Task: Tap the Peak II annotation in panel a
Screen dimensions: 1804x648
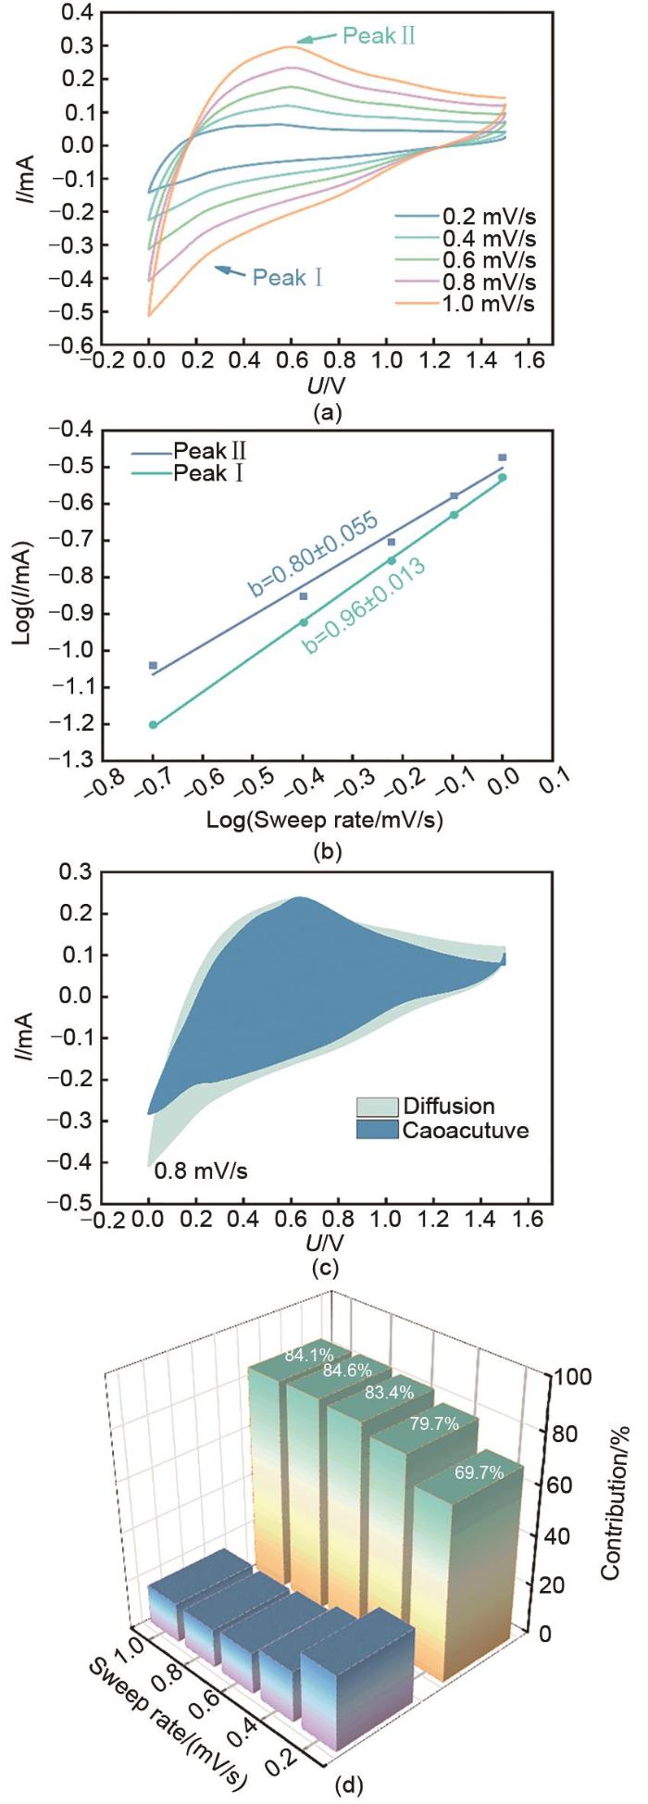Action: pyautogui.click(x=379, y=37)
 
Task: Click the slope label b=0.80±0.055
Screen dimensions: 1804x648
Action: pyautogui.click(x=313, y=557)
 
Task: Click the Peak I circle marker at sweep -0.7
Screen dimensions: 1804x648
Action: pyautogui.click(x=153, y=725)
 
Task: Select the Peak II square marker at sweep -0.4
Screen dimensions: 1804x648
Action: pyautogui.click(x=304, y=596)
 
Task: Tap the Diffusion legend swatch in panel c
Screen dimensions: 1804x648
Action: pyautogui.click(x=377, y=1107)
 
